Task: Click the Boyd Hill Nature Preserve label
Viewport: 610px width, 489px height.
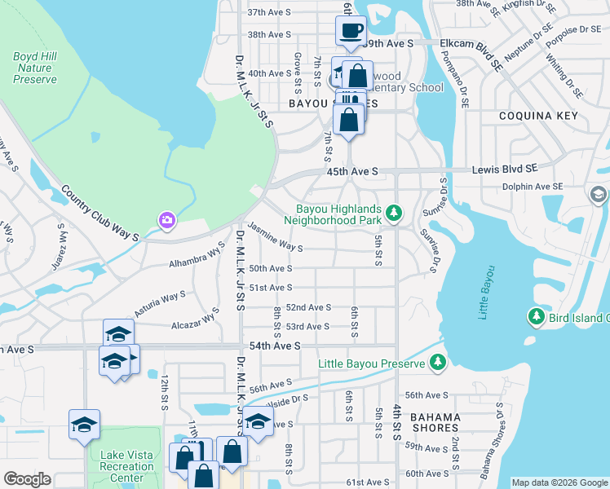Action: (34, 68)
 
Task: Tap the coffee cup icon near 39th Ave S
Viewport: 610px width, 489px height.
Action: (351, 31)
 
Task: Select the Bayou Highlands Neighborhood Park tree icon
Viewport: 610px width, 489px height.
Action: (395, 214)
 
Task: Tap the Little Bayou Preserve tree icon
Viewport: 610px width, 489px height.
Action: (438, 361)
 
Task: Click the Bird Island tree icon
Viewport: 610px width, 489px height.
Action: (537, 316)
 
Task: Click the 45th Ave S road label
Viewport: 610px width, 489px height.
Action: (352, 172)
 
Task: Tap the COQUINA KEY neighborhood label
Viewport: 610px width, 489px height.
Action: (539, 117)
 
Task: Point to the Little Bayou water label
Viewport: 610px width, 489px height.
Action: (487, 293)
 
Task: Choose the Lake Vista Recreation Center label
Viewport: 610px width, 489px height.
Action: (126, 467)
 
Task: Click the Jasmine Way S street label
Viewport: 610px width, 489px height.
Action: (276, 238)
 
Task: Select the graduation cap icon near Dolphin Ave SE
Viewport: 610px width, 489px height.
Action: (599, 195)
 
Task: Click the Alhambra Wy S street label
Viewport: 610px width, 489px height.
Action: (197, 258)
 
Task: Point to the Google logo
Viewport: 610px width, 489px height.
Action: (27, 479)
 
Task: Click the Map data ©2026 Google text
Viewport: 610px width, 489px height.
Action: (559, 482)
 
